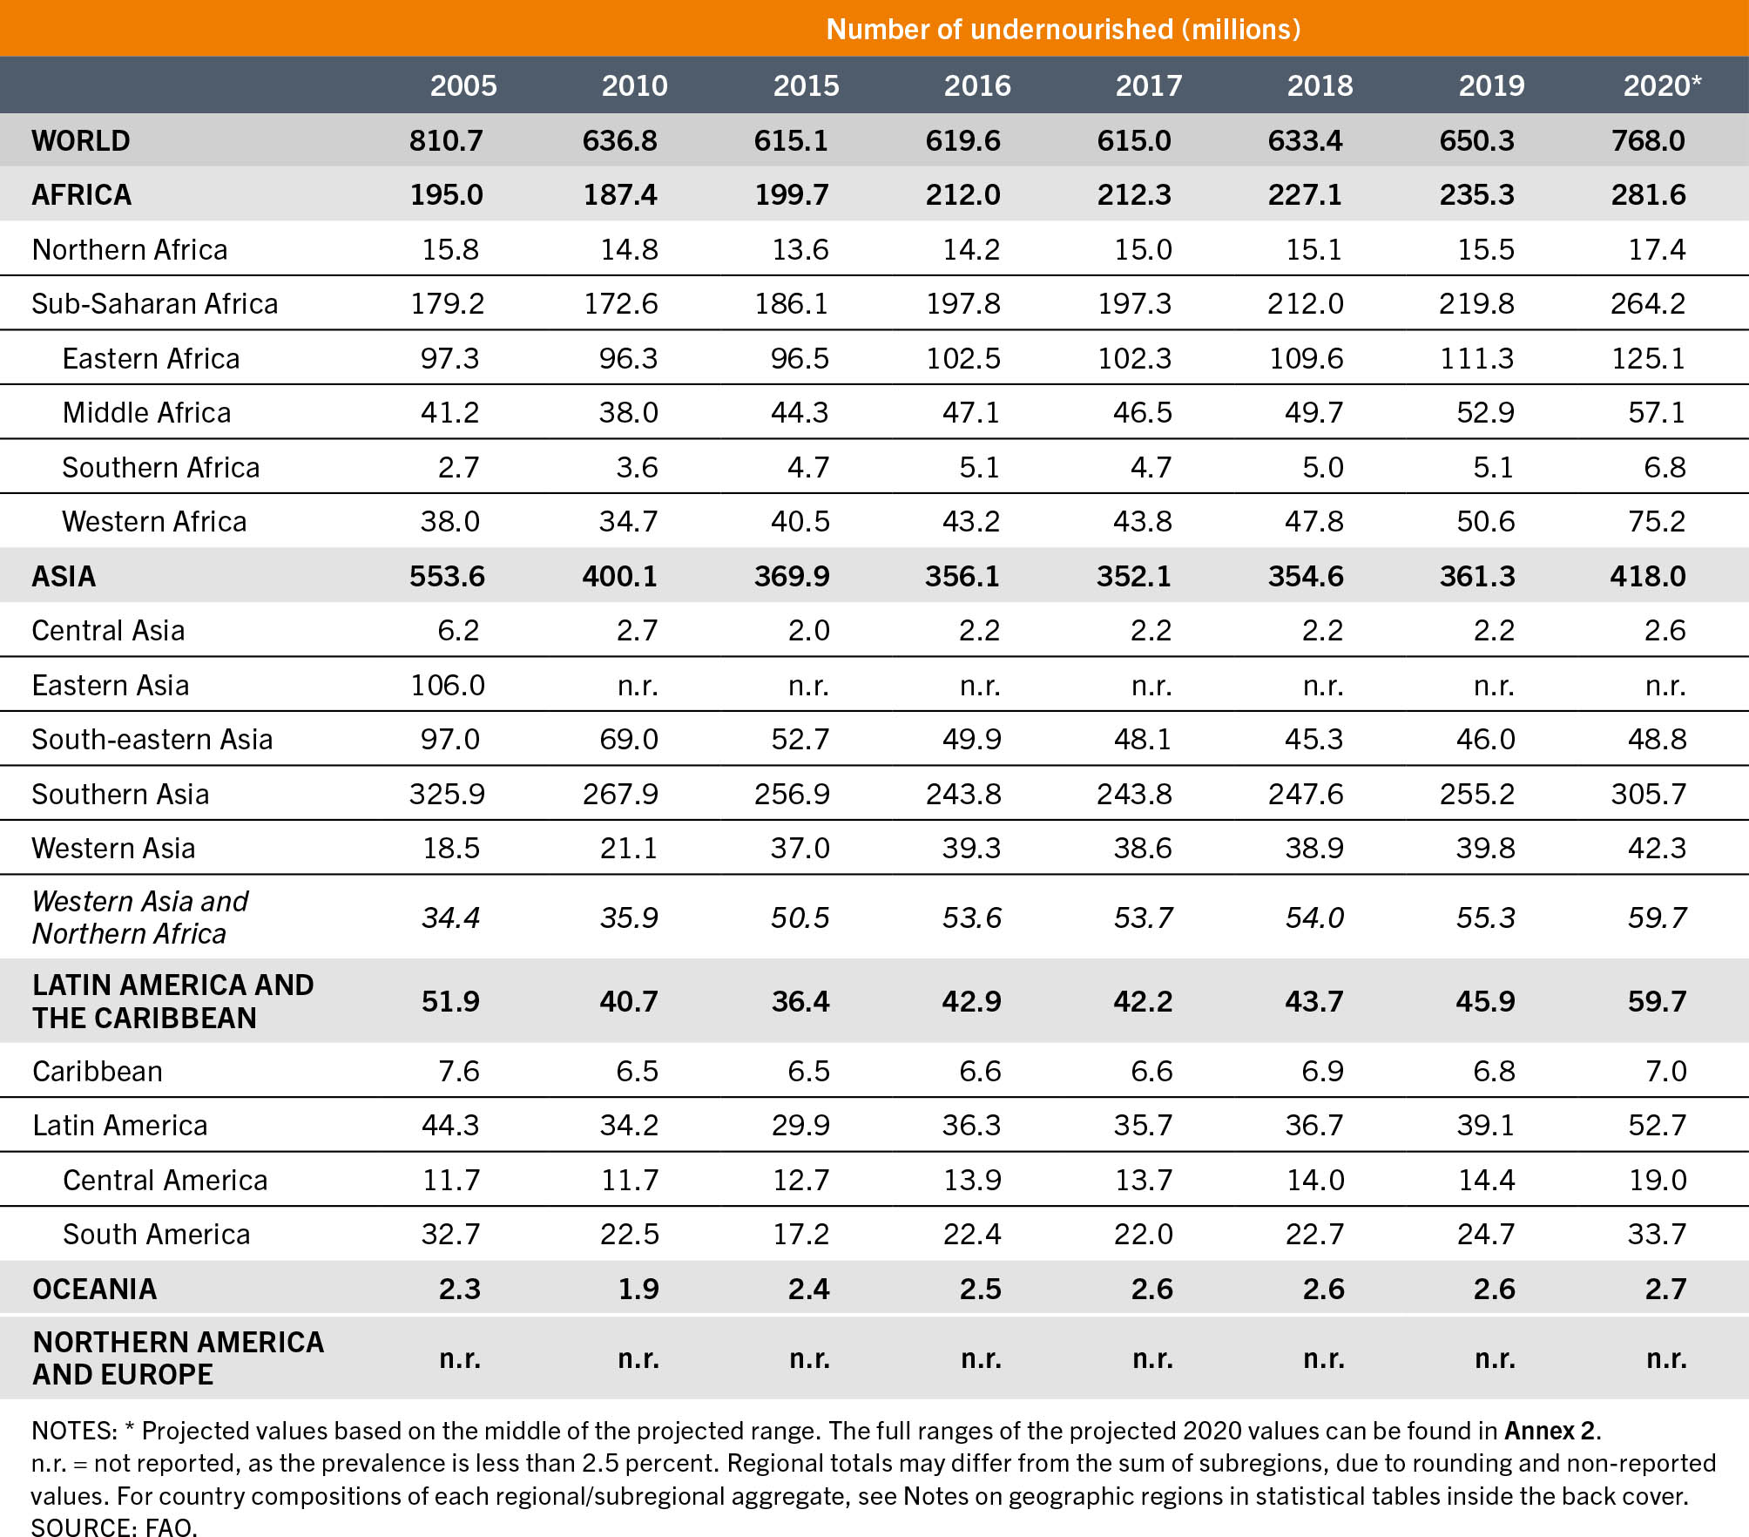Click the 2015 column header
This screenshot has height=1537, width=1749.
pyautogui.click(x=806, y=85)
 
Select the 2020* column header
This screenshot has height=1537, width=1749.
pyautogui.click(x=1662, y=85)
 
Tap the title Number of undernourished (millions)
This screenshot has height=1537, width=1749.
pyautogui.click(x=1063, y=30)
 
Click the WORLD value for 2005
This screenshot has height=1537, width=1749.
pyautogui.click(x=446, y=140)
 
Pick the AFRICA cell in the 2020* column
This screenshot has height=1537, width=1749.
pyautogui.click(x=1648, y=194)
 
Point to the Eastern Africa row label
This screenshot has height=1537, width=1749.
pyautogui.click(x=151, y=358)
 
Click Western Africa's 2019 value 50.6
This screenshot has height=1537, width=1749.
pyautogui.click(x=1485, y=521)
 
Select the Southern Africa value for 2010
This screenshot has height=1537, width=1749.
pyautogui.click(x=637, y=467)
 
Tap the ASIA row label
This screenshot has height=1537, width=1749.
pyautogui.click(x=64, y=576)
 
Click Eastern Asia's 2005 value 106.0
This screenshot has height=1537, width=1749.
pyautogui.click(x=448, y=685)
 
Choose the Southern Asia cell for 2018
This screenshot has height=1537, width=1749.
pyautogui.click(x=1306, y=794)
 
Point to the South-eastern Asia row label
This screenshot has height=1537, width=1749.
pyautogui.click(x=152, y=739)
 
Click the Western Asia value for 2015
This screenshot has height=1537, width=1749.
pyautogui.click(x=800, y=848)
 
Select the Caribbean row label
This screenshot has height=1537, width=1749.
pyautogui.click(x=98, y=1071)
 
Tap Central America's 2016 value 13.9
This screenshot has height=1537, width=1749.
pyautogui.click(x=972, y=1180)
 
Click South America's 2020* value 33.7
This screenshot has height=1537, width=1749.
pyautogui.click(x=1657, y=1234)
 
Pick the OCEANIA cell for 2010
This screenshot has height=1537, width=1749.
pyautogui.click(x=638, y=1289)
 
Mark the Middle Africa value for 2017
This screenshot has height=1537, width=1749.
pyautogui.click(x=1142, y=412)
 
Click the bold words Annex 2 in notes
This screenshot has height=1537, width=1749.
pyautogui.click(x=1551, y=1431)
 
